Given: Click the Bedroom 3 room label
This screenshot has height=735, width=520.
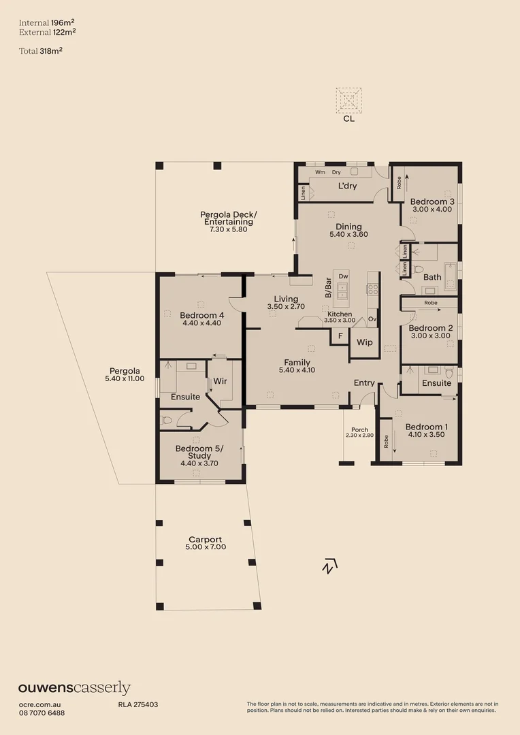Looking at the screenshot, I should coord(432,201).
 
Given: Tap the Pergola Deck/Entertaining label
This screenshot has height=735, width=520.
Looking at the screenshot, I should coord(229,218).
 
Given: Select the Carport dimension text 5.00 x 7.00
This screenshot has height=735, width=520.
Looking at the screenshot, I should coord(207,547).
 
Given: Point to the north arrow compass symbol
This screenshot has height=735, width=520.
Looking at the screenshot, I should coord(330,566).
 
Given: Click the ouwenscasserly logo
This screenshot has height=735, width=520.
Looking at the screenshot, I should coord(74,688).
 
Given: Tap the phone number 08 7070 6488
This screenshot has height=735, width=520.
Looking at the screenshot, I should coord(42,713).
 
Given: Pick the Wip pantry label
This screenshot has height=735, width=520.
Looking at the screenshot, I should coord(364,342).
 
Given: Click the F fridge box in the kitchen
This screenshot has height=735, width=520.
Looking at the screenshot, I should coord(340,336).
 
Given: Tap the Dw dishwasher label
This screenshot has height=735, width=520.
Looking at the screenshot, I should coord(343,276).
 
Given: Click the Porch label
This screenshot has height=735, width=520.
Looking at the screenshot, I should coord(359,429).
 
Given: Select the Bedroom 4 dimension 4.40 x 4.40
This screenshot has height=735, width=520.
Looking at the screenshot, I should coord(202,323).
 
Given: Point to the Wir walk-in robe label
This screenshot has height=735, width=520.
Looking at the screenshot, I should coord(220,381).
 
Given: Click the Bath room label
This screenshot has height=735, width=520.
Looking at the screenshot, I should coord(432,277).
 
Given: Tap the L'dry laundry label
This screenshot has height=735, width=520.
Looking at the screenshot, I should coord(348,186).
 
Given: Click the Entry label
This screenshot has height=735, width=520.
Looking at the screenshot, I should coord(364,382).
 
